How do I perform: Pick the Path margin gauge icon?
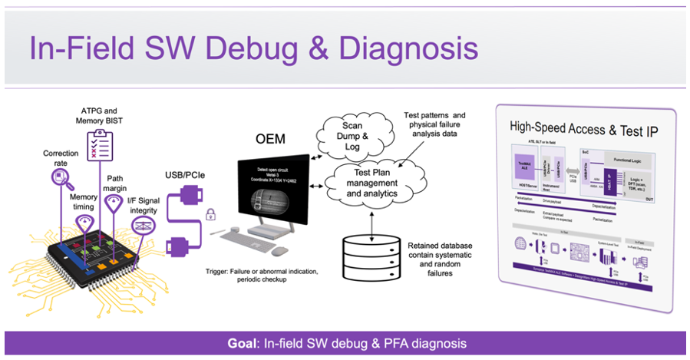115,206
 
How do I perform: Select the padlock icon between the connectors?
210,215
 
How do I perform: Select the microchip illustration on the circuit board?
100,249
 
